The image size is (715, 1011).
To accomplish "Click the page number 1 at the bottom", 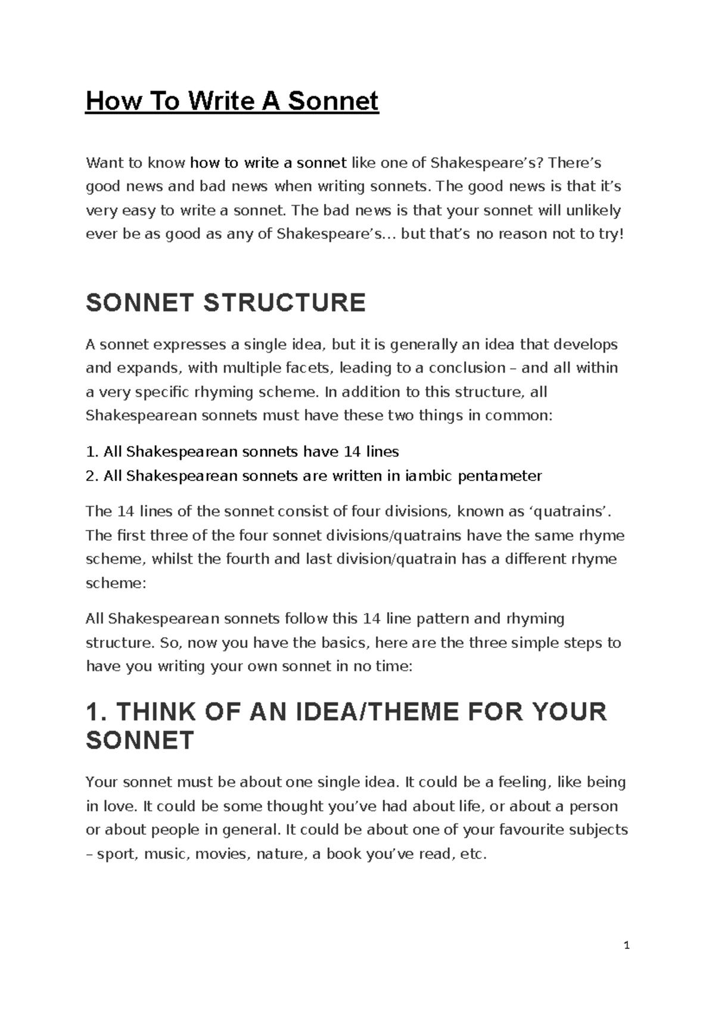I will pyautogui.click(x=626, y=945).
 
